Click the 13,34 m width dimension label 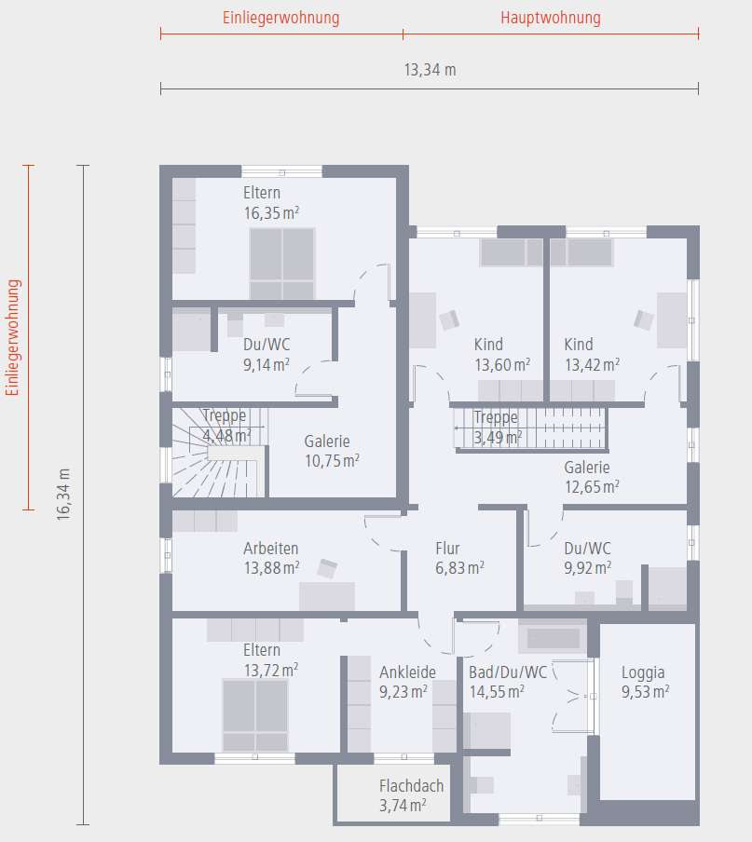pos(430,70)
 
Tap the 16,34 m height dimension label pos(63,493)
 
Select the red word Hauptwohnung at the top pos(550,18)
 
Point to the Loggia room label pos(643,672)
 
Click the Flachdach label pos(411,786)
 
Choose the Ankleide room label pos(407,672)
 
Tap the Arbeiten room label pos(271,549)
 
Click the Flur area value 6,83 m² pos(459,567)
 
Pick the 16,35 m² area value pos(271,212)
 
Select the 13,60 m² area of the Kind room pos(502,364)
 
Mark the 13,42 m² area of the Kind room pos(592,364)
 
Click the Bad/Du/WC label pos(508,672)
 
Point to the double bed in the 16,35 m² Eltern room pos(281,264)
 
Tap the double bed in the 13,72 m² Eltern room pos(254,714)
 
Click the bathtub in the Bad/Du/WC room pos(553,638)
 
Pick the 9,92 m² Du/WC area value pos(587,567)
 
